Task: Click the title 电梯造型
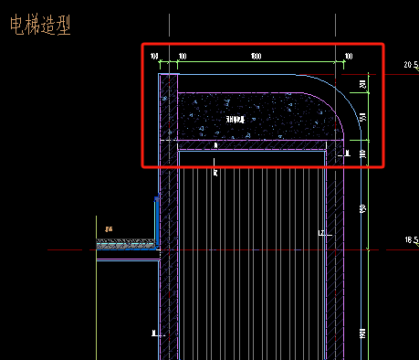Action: pos(39,26)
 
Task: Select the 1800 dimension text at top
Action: pos(256,58)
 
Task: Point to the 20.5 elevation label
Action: pos(409,65)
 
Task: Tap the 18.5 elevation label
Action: pos(409,239)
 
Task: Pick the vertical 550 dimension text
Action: pos(363,119)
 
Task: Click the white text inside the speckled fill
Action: pos(236,119)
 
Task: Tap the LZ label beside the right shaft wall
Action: pos(322,235)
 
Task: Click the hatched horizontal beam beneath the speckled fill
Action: pos(256,144)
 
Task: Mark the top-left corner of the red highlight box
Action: pos(142,45)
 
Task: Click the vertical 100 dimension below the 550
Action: pos(363,154)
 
